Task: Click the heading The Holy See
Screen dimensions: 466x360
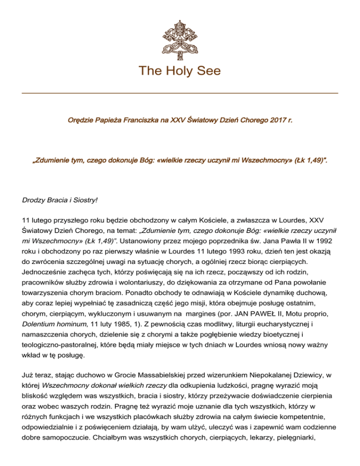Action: pyautogui.click(x=180, y=71)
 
